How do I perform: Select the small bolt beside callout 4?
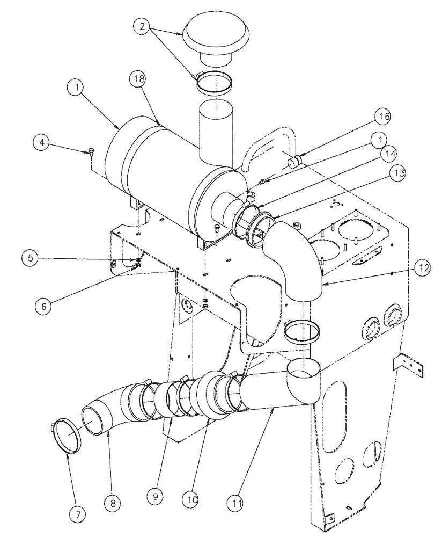[x=90, y=151]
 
